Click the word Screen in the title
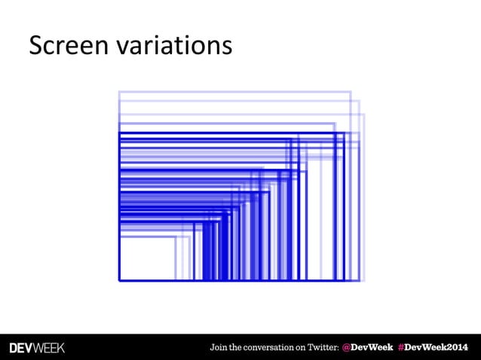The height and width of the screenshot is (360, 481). coord(69,46)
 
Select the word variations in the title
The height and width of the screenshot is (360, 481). coord(173,46)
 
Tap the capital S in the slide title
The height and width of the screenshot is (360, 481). coord(35,46)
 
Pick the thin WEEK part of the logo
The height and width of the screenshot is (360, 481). coord(51,348)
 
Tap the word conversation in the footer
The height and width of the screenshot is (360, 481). coord(274,348)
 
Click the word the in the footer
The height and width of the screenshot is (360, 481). coord(239,348)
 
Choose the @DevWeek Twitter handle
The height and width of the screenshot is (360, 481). coord(366,348)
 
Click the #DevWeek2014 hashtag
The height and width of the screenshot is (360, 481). coord(434,348)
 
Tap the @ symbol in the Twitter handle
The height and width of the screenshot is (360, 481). coord(347,348)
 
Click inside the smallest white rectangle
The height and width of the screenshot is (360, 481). coord(147,260)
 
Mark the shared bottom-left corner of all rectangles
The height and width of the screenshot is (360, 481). coord(119,280)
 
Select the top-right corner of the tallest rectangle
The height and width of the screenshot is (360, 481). coord(351,92)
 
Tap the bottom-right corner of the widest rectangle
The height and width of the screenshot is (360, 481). coord(364,280)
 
